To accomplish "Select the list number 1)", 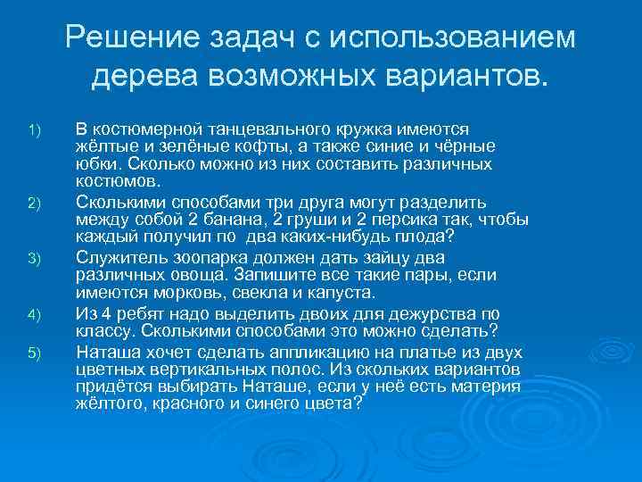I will (34, 132).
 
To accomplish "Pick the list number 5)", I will (34, 354).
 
